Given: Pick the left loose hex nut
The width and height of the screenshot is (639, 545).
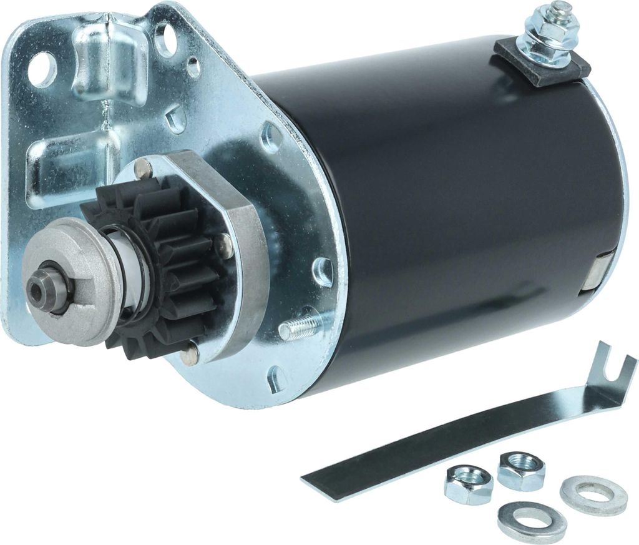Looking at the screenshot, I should point(468,485).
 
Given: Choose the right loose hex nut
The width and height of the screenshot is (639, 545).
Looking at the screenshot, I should point(521,469).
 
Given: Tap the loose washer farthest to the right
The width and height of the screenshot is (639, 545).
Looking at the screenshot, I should point(593,493).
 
